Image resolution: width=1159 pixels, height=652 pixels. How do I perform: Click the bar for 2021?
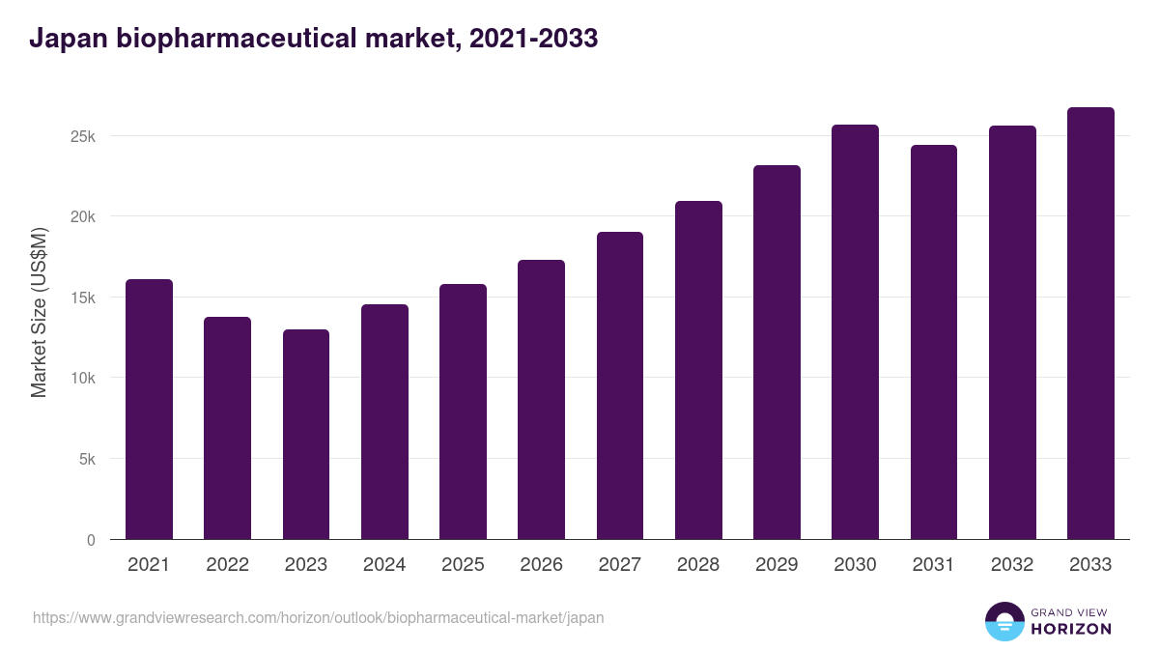tap(149, 410)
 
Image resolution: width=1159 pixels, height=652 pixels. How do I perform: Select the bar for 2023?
tap(306, 435)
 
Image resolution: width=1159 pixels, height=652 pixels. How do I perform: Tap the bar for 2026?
tap(541, 400)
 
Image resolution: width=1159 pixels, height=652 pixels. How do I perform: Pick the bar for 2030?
tap(855, 332)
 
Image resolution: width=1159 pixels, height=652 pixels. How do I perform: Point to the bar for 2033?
tap(1090, 324)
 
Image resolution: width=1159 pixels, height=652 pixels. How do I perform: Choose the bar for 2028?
tap(698, 370)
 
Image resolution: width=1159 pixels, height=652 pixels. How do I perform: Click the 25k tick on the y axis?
tap(83, 136)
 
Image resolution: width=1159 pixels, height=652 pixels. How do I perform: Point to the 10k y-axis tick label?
tap(83, 379)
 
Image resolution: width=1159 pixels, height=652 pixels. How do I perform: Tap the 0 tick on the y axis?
tap(91, 540)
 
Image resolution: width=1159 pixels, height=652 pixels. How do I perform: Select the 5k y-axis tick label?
tap(87, 460)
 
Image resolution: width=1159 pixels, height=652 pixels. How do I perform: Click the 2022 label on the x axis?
tap(227, 565)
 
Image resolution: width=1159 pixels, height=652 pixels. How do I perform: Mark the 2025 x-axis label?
tap(463, 565)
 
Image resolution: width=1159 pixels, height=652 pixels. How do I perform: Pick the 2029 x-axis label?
tap(777, 565)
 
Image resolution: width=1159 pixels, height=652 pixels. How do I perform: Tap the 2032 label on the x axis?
tap(1012, 565)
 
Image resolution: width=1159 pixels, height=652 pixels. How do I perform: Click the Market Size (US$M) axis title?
tap(39, 312)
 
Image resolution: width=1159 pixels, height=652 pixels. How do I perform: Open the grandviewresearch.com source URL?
tap(319, 617)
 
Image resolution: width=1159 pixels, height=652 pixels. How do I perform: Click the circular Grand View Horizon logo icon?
tap(1004, 621)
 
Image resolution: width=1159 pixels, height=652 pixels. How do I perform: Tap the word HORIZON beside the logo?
tap(1071, 629)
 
